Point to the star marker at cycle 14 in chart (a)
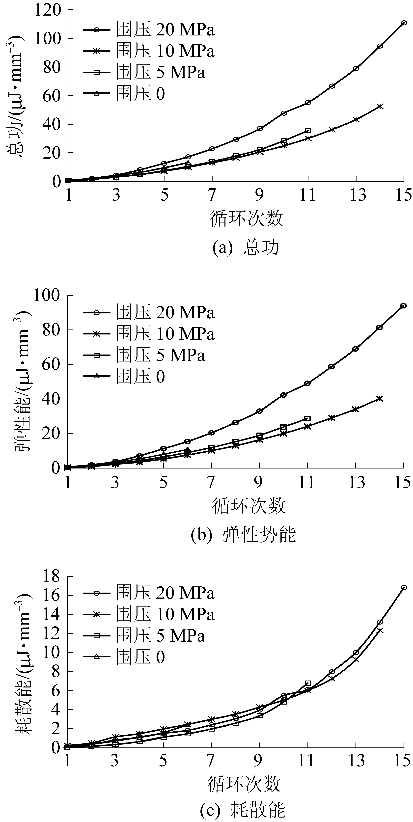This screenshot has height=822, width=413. tap(380, 106)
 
